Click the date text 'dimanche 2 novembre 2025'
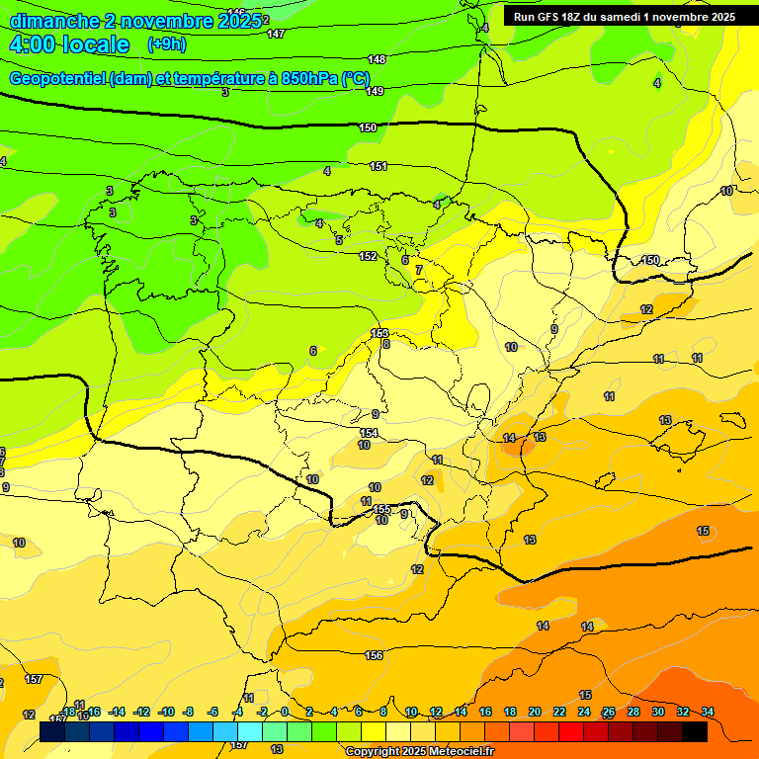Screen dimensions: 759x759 pyautogui.click(x=134, y=21)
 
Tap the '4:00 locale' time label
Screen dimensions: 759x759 pyautogui.click(x=69, y=44)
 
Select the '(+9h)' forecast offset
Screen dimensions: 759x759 pyautogui.click(x=166, y=44)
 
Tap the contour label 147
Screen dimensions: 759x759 pyautogui.click(x=276, y=34)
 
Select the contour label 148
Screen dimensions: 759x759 pyautogui.click(x=377, y=60)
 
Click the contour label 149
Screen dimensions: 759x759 pyautogui.click(x=375, y=92)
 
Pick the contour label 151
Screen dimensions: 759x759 pyautogui.click(x=379, y=167)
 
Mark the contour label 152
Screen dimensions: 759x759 pyautogui.click(x=368, y=257)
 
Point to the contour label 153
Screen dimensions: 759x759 pyautogui.click(x=379, y=334)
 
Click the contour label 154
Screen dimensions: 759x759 pyautogui.click(x=369, y=433)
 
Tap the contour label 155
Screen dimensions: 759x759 pyautogui.click(x=383, y=510)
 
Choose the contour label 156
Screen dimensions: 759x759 pyautogui.click(x=374, y=656)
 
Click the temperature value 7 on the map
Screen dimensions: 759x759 pyautogui.click(x=418, y=270)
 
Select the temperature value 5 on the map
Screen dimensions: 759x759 pyautogui.click(x=338, y=240)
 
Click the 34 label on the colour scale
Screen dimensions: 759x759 pyautogui.click(x=708, y=712)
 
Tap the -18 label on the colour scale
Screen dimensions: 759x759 pyautogui.click(x=68, y=712)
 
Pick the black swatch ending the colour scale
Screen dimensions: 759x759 pyautogui.click(x=695, y=731)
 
